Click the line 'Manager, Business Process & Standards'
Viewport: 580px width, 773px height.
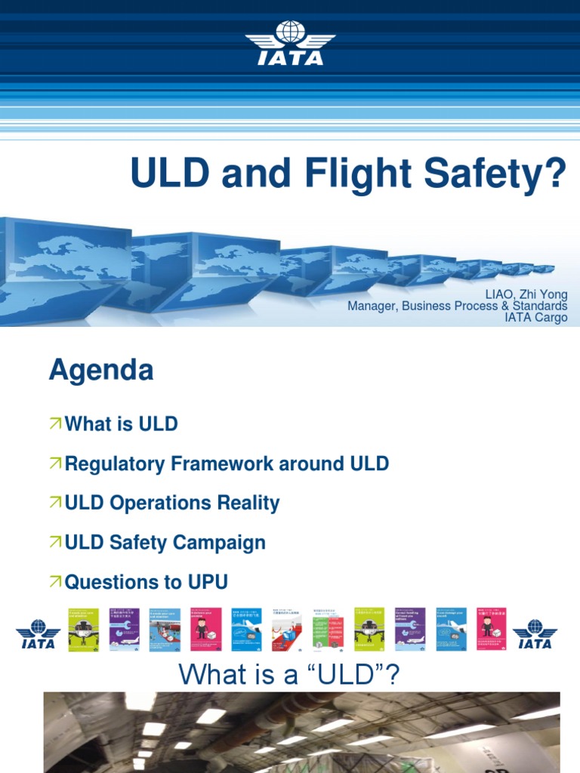click(457, 306)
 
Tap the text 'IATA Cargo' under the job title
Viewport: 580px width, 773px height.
click(536, 318)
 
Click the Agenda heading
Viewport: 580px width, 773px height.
click(101, 371)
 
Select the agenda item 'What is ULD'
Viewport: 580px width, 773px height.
click(121, 424)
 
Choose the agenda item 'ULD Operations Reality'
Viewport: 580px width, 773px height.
click(172, 504)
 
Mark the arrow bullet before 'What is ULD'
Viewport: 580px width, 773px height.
click(55, 424)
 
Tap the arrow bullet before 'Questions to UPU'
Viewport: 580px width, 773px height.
click(55, 582)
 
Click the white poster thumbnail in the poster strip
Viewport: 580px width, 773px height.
click(287, 630)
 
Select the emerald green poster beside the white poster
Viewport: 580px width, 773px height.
click(328, 630)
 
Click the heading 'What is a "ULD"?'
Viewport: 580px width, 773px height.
click(289, 674)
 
